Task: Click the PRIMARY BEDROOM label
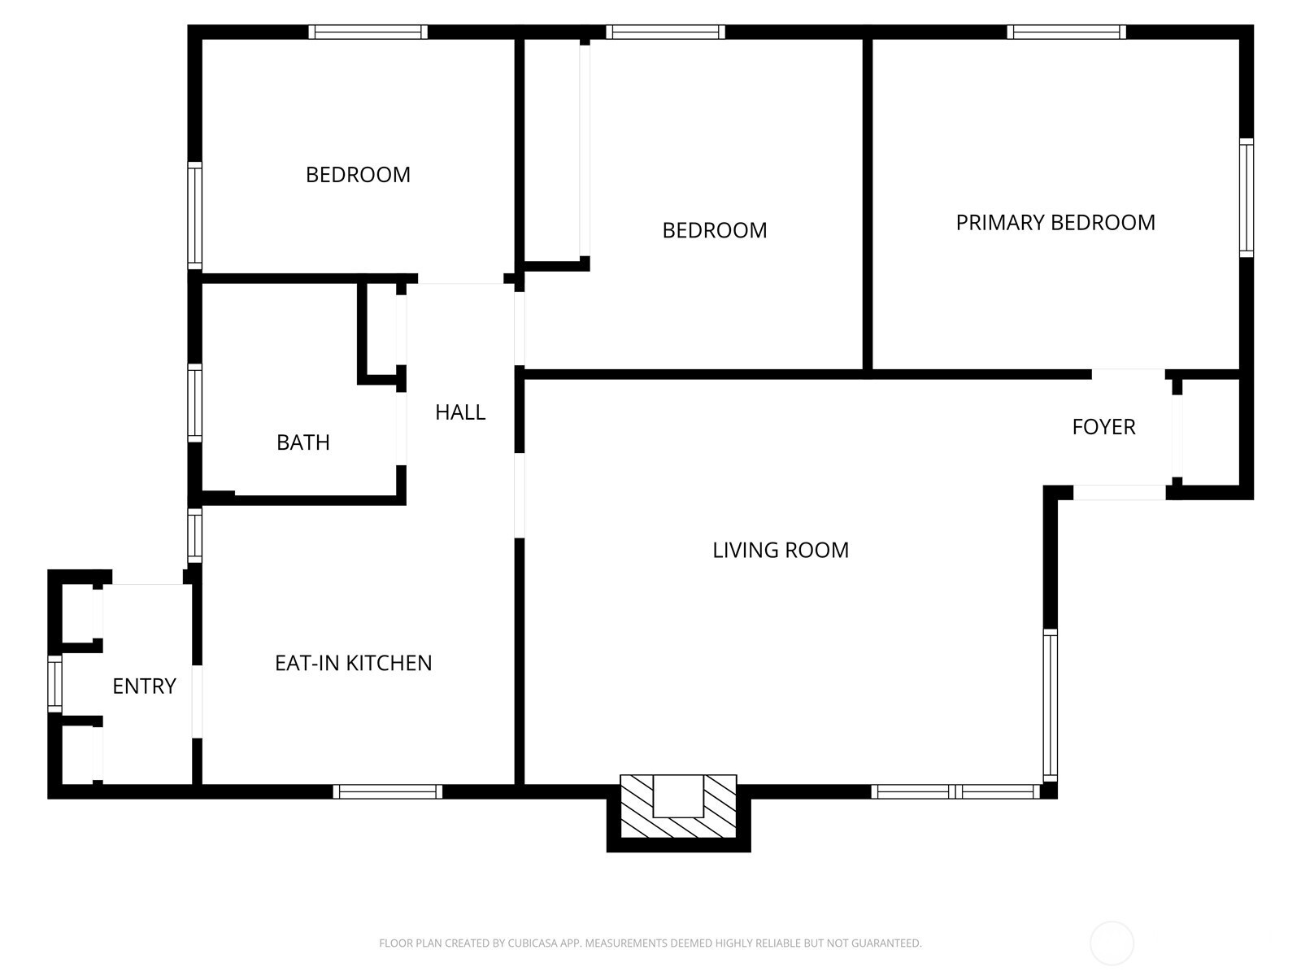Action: coord(1055,222)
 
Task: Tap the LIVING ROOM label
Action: coord(780,550)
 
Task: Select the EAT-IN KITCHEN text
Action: coord(353,663)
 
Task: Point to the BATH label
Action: coord(302,442)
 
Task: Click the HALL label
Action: coord(460,412)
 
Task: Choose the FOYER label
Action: coord(1103,427)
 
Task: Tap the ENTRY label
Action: coord(144,686)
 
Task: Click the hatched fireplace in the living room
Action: coord(678,807)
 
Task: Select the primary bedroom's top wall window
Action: coord(1066,32)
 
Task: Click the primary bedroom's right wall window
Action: coord(1247,198)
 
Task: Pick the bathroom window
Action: coord(195,403)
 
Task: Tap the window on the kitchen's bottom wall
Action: coord(388,791)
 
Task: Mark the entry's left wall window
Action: coord(54,684)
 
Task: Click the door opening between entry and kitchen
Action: coord(198,702)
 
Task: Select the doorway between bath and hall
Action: coord(401,429)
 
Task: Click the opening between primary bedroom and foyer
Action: coord(1128,374)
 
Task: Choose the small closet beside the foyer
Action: coord(1210,433)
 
